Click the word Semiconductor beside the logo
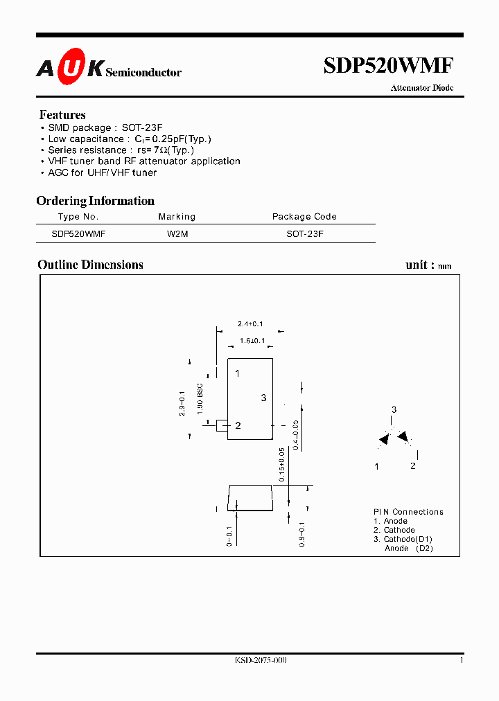point(143,72)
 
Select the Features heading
point(62,115)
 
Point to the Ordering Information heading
point(95,201)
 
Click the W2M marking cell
point(177,234)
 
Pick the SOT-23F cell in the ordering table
point(305,234)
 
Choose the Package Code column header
point(304,217)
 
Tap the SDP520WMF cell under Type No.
point(78,234)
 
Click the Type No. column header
point(78,217)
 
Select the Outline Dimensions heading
point(90,265)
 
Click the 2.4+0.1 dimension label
point(250,323)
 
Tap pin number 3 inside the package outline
point(263,398)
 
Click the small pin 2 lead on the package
point(222,425)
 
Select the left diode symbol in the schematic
point(383,439)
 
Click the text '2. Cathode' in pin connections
point(394,530)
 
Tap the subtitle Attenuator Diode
point(421,89)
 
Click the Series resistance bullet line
point(121,150)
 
